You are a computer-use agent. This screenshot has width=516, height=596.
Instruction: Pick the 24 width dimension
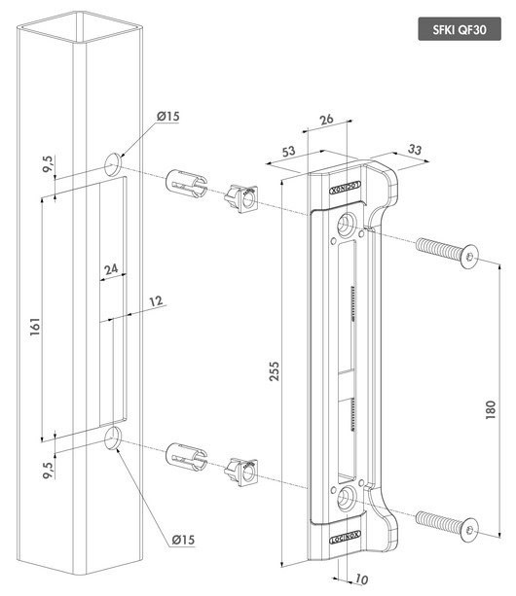tap(111, 268)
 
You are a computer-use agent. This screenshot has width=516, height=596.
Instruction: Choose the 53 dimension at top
tap(288, 152)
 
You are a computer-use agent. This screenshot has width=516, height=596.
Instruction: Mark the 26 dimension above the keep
tap(325, 120)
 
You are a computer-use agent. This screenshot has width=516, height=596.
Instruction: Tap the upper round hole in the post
tap(114, 160)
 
